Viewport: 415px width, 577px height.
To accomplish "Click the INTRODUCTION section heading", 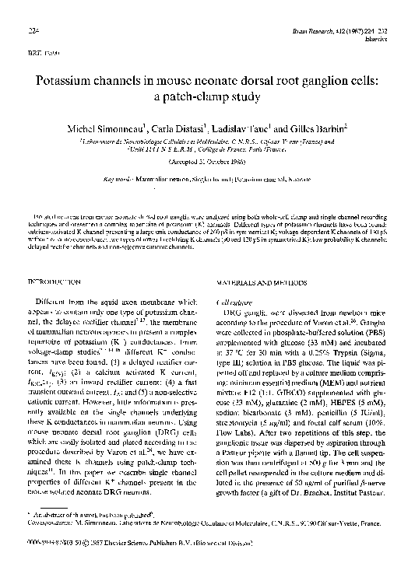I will coord(61,280).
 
